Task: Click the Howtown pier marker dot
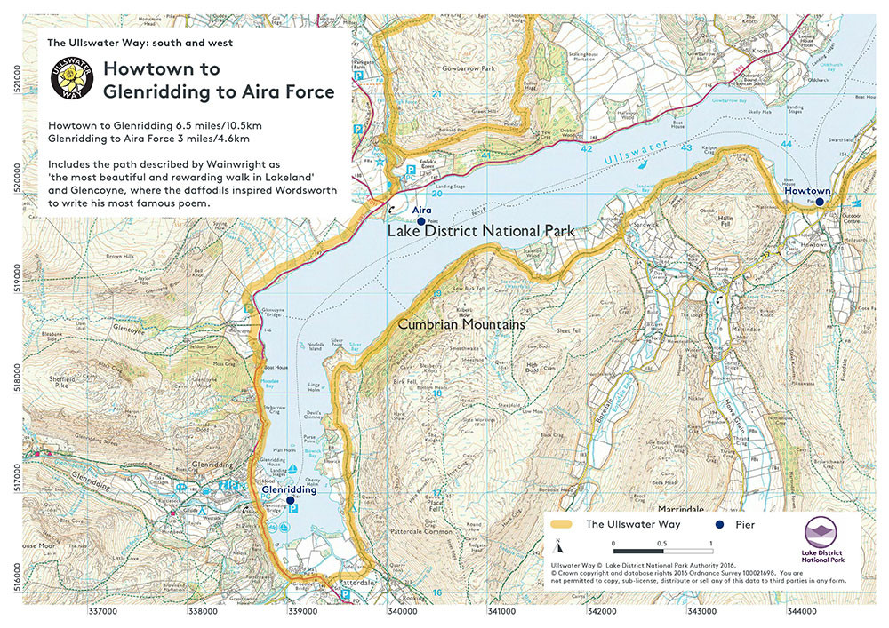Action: point(820,202)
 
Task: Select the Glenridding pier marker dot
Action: point(290,500)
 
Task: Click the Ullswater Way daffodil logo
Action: point(70,78)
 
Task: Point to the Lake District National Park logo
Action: point(825,540)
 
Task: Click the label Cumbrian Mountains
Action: point(461,325)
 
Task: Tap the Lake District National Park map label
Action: point(481,232)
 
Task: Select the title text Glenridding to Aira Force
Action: point(219,91)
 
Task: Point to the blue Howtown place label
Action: point(807,191)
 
